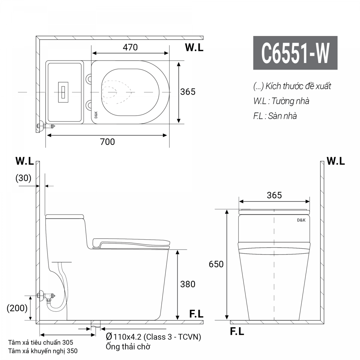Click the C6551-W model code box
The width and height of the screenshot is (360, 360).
click(295, 53)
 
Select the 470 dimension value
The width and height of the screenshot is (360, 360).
click(130, 47)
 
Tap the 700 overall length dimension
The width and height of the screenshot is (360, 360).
click(107, 142)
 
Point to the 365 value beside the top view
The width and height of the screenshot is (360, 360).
click(188, 91)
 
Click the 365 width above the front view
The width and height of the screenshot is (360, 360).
click(274, 195)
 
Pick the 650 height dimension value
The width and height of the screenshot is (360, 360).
click(216, 264)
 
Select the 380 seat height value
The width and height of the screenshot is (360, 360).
click(188, 284)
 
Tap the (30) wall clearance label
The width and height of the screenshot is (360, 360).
click(23, 178)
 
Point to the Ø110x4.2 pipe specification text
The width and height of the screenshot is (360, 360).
click(154, 337)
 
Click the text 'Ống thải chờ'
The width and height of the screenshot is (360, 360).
click(128, 347)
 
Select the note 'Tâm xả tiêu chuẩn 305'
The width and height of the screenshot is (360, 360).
click(41, 342)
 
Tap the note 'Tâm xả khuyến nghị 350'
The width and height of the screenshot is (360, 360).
click(43, 351)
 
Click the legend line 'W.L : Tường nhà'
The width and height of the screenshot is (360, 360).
click(281, 101)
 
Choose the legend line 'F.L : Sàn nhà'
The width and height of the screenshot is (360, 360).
click(275, 116)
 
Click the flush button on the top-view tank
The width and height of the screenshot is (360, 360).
click(63, 91)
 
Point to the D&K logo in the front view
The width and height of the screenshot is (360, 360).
click(301, 220)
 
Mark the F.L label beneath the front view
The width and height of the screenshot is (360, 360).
click(237, 331)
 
